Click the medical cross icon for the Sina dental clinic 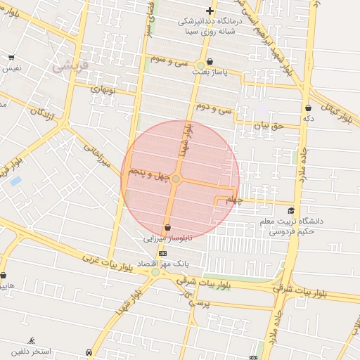coord(210,11)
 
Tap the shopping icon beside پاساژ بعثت coord(210,62)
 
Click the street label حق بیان coord(268,125)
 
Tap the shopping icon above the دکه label coord(308,108)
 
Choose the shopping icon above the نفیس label coord(11,58)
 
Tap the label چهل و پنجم coord(149,172)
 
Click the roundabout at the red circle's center coord(176,180)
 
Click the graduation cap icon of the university coord(291,210)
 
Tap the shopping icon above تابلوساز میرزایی coord(167,227)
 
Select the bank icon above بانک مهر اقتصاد coord(163,253)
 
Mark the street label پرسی coord(191,302)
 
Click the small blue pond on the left coord(15,181)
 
